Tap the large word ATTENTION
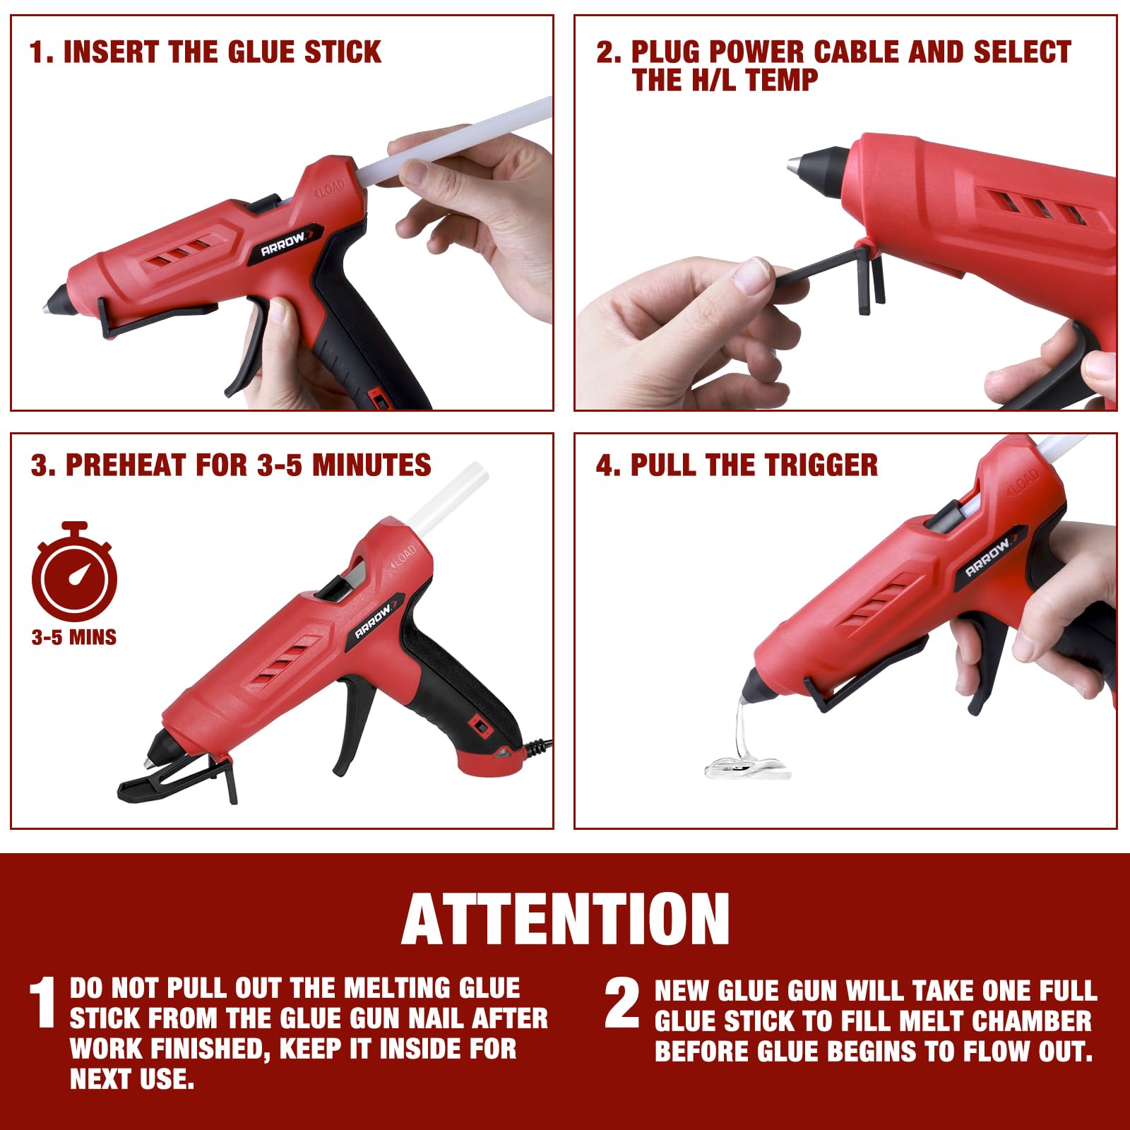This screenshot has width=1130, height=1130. (x=565, y=919)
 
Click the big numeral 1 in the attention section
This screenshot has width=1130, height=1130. (x=42, y=1003)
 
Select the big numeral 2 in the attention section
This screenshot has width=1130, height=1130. (x=622, y=1003)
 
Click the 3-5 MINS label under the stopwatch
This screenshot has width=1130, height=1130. (x=74, y=638)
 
